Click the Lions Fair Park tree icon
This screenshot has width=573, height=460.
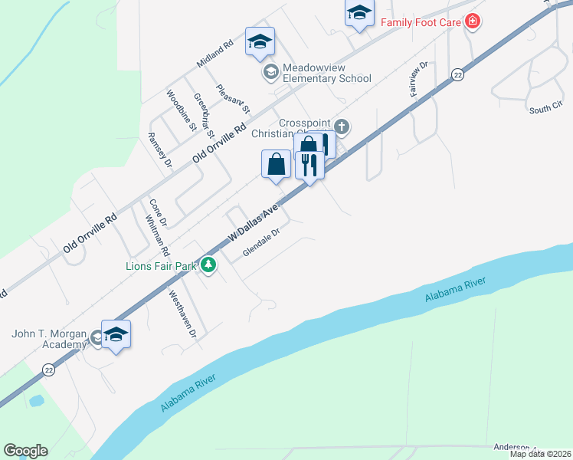208,265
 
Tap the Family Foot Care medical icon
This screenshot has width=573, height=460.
473,21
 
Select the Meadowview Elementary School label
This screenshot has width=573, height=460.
326,73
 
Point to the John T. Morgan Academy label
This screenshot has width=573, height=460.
49,339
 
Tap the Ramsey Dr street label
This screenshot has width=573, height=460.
160,149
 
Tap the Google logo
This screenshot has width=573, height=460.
25,451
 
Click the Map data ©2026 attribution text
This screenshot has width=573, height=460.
541,454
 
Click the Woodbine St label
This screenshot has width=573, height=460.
182,110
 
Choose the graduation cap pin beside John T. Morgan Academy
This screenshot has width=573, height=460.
116,334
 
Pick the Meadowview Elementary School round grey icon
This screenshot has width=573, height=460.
270,72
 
